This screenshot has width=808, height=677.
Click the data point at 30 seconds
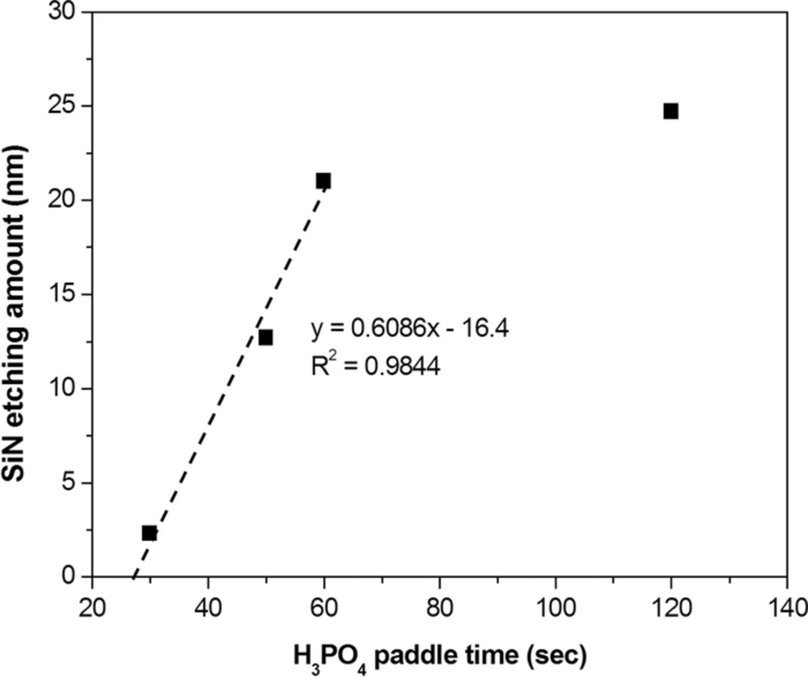[149, 533]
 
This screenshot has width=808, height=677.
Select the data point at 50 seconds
[265, 337]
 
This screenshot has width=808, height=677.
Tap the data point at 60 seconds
[323, 181]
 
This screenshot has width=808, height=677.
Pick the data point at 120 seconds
[671, 111]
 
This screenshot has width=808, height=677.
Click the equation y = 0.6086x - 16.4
[410, 329]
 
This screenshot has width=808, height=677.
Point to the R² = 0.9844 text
[376, 366]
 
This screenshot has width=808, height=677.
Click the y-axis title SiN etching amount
[15, 314]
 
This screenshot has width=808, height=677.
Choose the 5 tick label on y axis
[67, 483]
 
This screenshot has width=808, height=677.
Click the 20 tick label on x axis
[92, 609]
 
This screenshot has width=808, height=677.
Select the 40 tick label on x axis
[208, 609]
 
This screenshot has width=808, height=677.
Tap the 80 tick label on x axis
[439, 609]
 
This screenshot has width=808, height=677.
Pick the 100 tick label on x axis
[555, 609]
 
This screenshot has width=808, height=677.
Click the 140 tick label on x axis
[786, 609]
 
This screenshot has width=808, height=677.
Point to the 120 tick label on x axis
[671, 609]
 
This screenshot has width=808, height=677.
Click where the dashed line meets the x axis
[133, 576]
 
